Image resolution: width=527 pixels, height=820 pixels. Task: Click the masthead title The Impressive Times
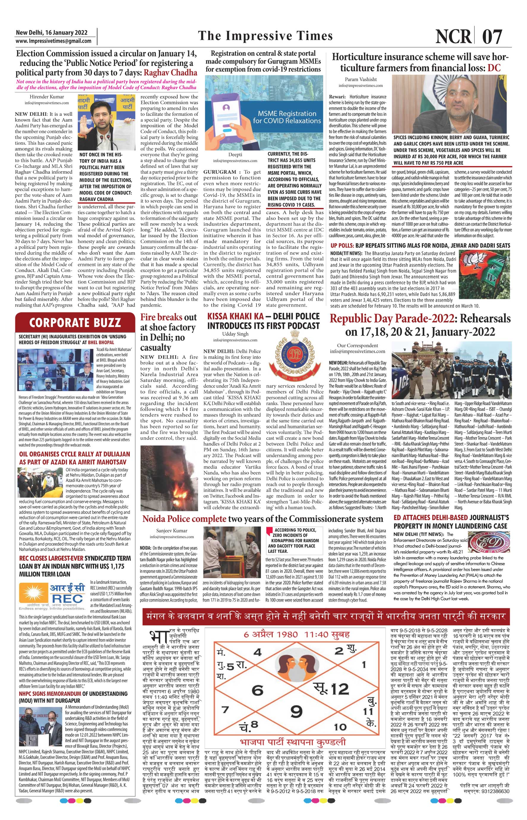click(265, 36)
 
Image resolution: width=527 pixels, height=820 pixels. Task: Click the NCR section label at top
click(453, 36)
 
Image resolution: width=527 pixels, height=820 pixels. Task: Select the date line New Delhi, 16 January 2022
click(51, 33)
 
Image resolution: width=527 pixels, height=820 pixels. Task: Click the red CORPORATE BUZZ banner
click(75, 322)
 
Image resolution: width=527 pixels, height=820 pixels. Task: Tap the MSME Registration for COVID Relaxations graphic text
click(287, 117)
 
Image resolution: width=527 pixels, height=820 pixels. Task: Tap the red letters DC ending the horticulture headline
click(494, 67)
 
